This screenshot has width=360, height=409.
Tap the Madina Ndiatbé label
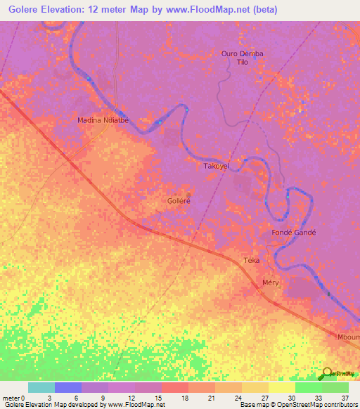coord(103,120)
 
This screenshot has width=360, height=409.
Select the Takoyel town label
coord(216,167)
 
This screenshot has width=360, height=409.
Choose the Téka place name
coord(252,261)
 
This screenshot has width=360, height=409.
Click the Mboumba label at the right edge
coord(348,337)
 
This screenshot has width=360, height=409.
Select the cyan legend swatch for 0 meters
coord(41,387)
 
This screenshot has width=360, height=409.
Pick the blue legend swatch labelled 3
coord(67,387)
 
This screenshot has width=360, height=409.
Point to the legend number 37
coord(344,397)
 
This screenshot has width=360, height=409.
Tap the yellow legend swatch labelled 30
coord(281,387)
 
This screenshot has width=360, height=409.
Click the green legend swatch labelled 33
coord(308,387)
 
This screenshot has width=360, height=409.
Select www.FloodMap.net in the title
coord(212,10)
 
